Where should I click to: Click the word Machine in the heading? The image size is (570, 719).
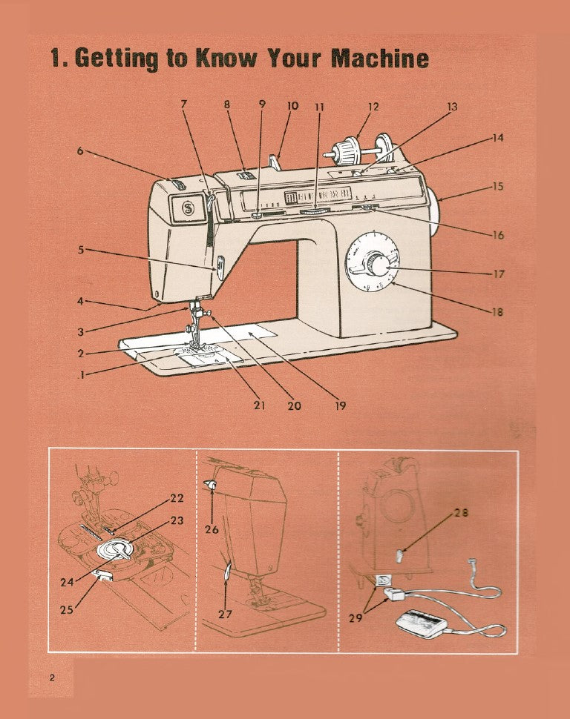pos(379,58)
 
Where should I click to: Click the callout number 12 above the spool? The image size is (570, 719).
pos(373,107)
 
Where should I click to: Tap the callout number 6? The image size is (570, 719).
pos(80,150)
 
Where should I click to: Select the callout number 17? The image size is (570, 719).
pos(499,274)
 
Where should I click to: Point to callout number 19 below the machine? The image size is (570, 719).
pos(340,405)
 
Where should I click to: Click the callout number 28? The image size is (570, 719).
pos(459,512)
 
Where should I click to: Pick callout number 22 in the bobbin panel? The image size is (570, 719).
pos(177,497)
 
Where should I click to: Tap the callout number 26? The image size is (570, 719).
pos(211,529)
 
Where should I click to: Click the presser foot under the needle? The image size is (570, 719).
pos(195,342)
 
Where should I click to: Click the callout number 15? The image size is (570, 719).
pos(499,187)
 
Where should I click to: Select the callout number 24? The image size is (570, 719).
pos(66,582)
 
